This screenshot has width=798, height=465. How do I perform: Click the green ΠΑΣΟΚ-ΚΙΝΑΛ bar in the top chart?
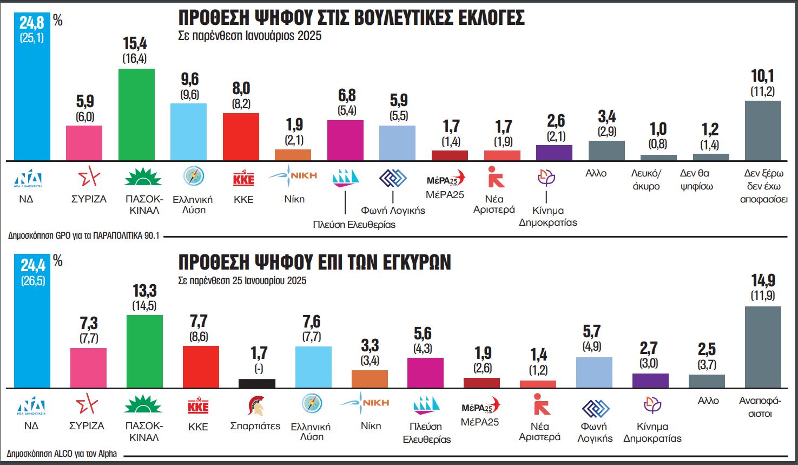[136, 114]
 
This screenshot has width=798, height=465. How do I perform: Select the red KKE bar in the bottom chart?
[201, 366]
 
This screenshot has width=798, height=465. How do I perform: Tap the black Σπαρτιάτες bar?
[257, 383]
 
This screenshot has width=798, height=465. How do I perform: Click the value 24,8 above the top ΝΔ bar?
[32, 22]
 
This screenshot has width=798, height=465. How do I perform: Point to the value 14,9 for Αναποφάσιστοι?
[763, 280]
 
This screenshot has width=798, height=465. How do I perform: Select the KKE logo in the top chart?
[243, 179]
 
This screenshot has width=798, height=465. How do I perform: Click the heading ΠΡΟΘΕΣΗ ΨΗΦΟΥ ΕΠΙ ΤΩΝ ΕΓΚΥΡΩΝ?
[314, 262]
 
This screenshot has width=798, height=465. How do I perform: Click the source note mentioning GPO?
[84, 236]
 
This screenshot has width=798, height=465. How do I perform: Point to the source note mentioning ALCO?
[62, 454]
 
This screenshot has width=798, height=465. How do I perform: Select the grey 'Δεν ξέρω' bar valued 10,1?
[763, 130]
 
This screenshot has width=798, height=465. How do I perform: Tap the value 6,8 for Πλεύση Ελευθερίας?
[347, 96]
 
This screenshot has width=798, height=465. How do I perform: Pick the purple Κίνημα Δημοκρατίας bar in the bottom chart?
[650, 381]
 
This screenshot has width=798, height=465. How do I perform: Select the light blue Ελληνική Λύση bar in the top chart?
[188, 132]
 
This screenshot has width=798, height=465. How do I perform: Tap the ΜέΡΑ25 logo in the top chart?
[445, 180]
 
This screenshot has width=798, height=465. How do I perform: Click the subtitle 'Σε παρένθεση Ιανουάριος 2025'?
[249, 36]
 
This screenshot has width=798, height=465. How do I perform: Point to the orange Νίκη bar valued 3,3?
[370, 379]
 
